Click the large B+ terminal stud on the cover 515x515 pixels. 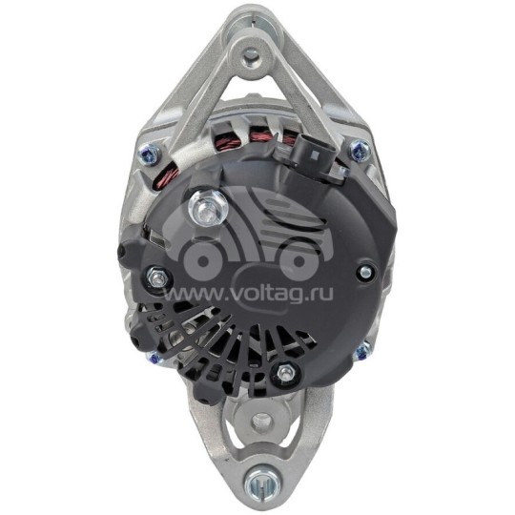tap(208, 209)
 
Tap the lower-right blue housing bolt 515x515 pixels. tap(362, 351)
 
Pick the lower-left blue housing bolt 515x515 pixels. tap(154, 358)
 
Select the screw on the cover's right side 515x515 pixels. tap(365, 271)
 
